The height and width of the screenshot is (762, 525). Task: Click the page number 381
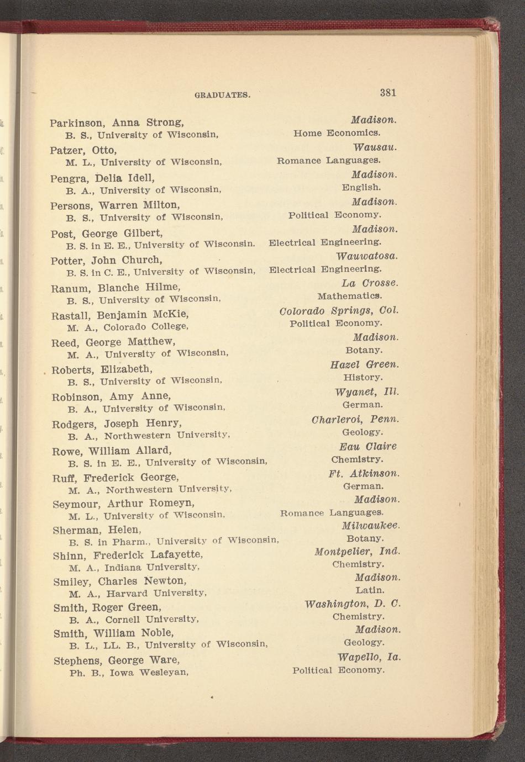tap(388, 92)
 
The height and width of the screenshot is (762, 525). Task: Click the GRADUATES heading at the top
tap(223, 95)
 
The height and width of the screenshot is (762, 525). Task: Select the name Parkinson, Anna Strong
tap(117, 122)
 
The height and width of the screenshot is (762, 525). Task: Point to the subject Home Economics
tap(337, 133)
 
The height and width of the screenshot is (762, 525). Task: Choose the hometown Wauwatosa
tap(367, 256)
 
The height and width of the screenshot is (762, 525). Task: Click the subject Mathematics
tap(350, 296)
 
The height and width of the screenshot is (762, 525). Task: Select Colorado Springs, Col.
tap(339, 310)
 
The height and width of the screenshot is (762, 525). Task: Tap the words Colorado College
tap(146, 327)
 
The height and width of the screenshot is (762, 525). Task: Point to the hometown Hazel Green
tap(364, 364)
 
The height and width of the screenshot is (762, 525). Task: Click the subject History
tap(363, 378)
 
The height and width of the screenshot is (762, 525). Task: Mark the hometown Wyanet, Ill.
tap(366, 392)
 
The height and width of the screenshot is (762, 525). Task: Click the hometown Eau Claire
tap(368, 446)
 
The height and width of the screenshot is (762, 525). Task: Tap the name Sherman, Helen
tap(97, 530)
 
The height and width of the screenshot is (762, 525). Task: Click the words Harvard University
tap(156, 594)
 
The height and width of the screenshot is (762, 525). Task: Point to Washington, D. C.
tap(353, 604)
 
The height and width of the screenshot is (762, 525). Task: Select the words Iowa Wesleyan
tap(149, 673)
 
